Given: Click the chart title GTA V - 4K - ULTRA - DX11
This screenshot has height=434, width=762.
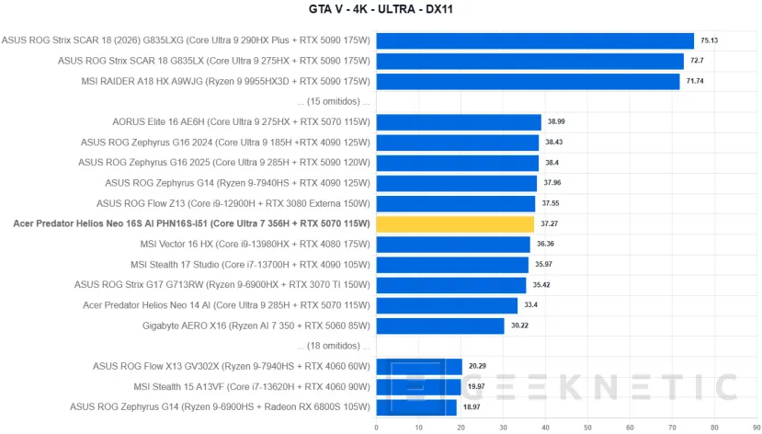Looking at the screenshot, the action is coord(381,9).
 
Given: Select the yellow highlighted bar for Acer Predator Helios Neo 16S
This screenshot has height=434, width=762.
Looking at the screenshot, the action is coord(455,224).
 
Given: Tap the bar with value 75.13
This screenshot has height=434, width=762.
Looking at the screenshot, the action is coord(535,40).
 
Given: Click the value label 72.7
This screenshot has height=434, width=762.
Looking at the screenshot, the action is coord(697,61).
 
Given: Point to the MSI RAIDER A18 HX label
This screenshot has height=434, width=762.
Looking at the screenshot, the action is coord(225,81).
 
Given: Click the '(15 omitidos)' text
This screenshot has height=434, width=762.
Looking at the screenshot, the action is coord(334,101).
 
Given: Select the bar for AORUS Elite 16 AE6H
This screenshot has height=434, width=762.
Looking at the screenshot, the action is coord(459,122).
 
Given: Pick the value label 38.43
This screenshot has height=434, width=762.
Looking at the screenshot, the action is coord(554,143).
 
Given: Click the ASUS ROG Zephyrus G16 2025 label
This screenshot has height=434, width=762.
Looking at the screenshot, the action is coord(224,163).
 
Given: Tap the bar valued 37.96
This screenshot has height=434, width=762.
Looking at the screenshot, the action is coord(456,183).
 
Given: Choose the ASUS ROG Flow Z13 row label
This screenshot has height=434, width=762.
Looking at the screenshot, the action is coord(233,203).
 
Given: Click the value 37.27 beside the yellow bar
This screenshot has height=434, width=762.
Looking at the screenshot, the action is coord(549,223).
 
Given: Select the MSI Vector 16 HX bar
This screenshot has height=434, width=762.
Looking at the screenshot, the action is coord(453,245).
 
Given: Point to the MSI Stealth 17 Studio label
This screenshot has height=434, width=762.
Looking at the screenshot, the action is coord(250,265).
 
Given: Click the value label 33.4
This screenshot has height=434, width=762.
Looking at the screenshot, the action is coord(530,305).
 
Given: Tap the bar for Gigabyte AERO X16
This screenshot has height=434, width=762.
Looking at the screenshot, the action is coord(440,326).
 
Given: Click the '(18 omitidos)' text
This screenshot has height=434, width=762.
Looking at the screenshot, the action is coord(334,346).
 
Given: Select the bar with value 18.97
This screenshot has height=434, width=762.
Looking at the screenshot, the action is coord(416,407).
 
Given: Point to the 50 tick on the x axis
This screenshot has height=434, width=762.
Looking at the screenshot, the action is coord(587,428).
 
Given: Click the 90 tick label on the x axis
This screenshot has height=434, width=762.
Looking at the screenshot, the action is coord(756,428).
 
